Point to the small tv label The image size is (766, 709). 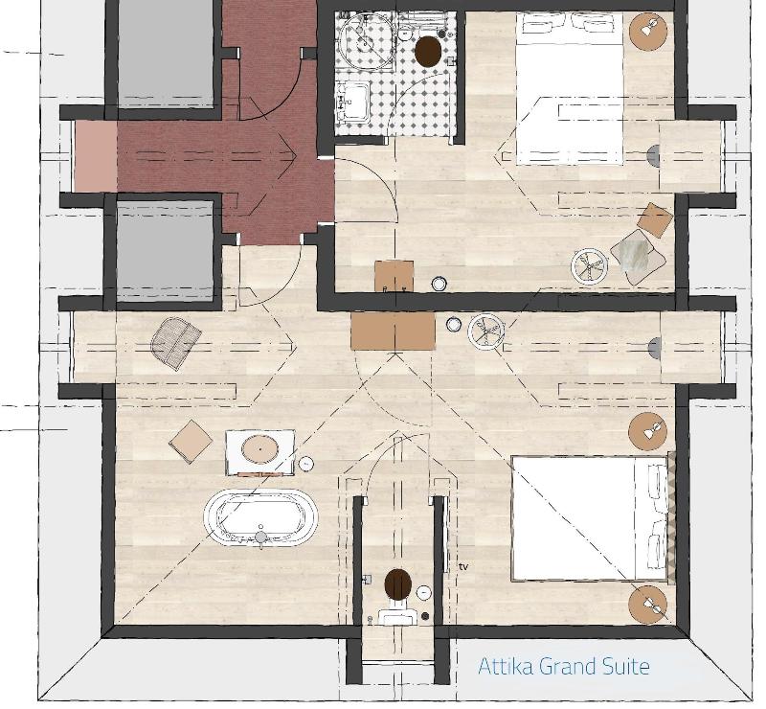(x=463, y=566)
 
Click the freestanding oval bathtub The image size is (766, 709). (x=260, y=517)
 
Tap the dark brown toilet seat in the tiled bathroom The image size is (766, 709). (x=428, y=51)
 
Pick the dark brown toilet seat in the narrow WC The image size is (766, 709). (x=398, y=583)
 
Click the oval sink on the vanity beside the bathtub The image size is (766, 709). (x=260, y=448)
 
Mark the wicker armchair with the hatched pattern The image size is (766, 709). (x=176, y=341)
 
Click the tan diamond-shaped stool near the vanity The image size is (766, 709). (x=191, y=442)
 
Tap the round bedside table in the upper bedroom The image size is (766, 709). (x=648, y=31)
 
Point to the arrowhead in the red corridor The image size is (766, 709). (x=292, y=156)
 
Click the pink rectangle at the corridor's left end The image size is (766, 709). (x=95, y=156)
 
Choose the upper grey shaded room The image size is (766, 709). (x=166, y=53)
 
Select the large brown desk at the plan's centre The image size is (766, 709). (x=393, y=332)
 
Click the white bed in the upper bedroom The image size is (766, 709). (x=569, y=88)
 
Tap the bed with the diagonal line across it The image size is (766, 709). (x=589, y=518)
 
